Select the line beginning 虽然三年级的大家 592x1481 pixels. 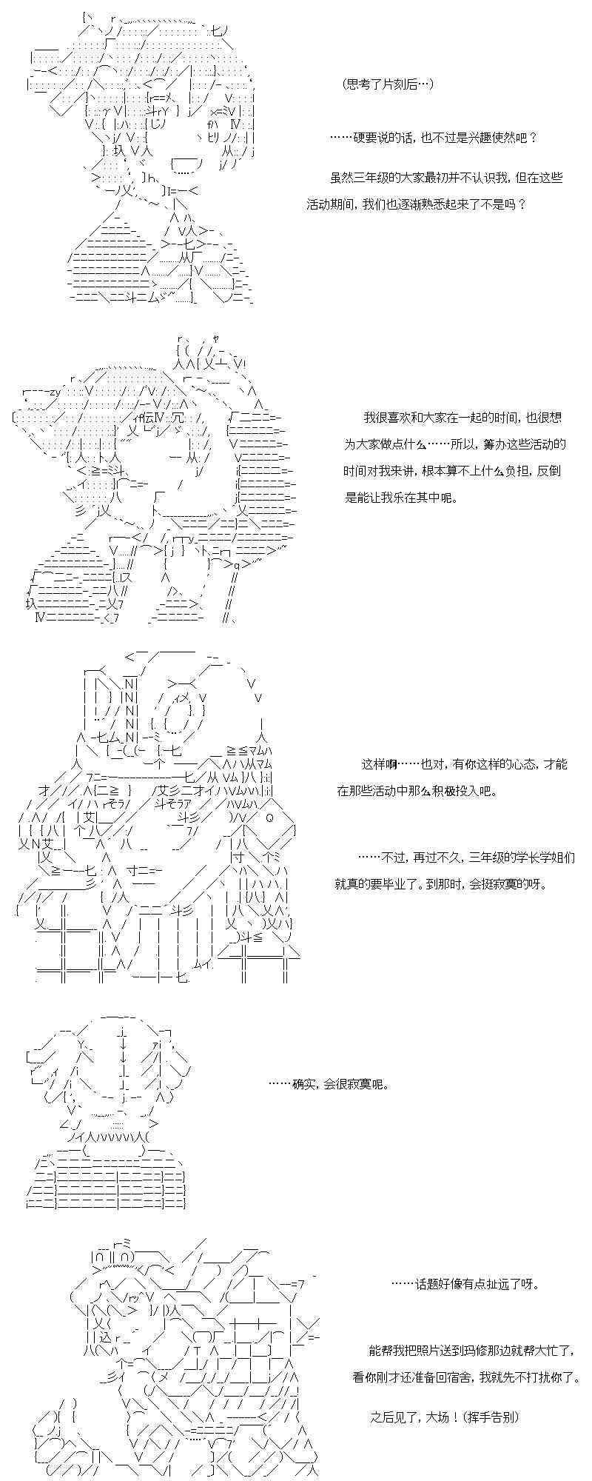[x=446, y=178]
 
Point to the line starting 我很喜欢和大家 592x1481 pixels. [x=462, y=418]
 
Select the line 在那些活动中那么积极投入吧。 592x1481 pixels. [x=417, y=791]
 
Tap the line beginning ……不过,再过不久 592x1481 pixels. [x=466, y=857]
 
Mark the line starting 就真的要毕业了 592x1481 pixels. [x=440, y=884]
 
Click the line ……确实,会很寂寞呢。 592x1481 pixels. [x=328, y=1085]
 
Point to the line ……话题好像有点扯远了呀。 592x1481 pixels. [x=465, y=1284]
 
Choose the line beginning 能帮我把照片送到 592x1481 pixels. [x=471, y=1351]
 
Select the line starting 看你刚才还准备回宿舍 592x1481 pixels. [x=466, y=1377]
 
